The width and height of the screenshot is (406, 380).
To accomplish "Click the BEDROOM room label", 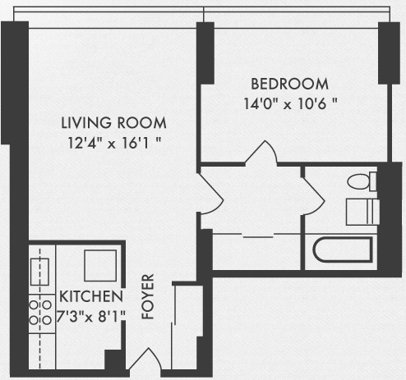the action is click(289, 84).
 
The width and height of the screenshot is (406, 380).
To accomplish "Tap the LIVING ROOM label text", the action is click(113, 122).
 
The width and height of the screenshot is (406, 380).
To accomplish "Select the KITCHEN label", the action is click(91, 296).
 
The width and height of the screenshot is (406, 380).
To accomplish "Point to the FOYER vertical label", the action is click(148, 296).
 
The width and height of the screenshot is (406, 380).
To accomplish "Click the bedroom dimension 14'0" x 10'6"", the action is click(290, 104).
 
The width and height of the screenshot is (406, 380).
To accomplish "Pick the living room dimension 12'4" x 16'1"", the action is click(114, 143).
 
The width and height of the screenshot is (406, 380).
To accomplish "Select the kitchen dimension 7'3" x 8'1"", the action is click(91, 317).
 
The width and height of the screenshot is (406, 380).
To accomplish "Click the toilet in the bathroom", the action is click(362, 181).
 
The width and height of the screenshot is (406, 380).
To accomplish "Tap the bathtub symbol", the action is click(343, 250).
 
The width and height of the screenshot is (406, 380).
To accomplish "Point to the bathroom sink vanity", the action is click(362, 212).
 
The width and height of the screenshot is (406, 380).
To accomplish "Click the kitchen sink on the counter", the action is click(39, 272).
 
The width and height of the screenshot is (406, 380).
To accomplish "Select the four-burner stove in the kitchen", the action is click(40, 313).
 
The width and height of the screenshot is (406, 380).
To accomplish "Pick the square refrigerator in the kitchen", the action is click(100, 265).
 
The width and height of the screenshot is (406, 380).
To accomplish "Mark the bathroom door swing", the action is click(314, 195).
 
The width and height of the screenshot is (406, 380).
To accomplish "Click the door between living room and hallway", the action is click(211, 193).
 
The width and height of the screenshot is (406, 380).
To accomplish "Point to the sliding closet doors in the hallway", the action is click(258, 236).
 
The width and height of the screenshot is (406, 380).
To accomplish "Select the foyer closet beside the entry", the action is click(187, 327).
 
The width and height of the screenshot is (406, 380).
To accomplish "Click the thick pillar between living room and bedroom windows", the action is click(205, 53).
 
